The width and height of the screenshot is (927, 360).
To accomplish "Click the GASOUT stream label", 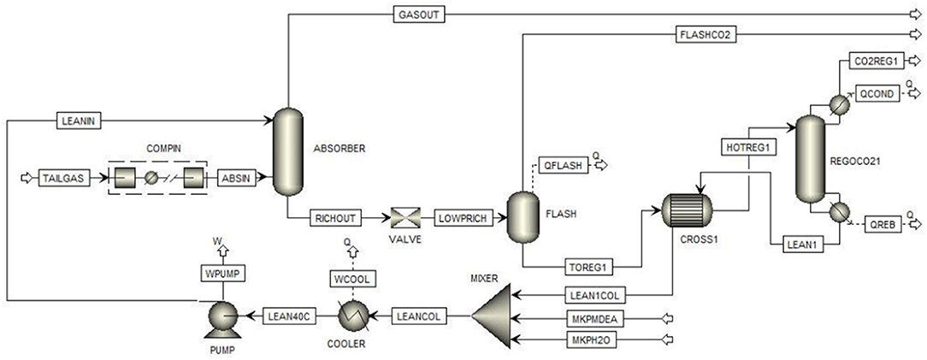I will tap(419, 15).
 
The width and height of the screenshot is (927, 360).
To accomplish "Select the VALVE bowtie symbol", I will tap(401, 218).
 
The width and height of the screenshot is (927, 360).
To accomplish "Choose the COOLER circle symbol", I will tap(349, 316).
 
